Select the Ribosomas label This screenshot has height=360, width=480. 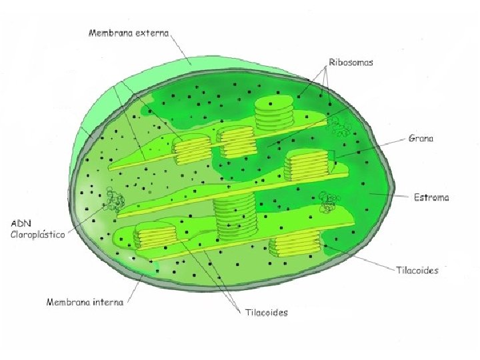351,62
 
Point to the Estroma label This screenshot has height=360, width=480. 431,197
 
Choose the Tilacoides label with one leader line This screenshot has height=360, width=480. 417,270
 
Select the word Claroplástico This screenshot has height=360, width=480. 37,235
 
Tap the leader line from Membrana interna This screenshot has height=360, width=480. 133,291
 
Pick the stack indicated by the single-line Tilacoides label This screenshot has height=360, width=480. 295,245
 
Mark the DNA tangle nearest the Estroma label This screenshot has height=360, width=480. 328,201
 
